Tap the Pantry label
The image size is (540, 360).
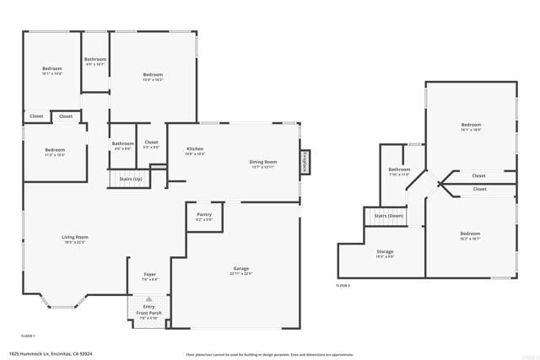204,215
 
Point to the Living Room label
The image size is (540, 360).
75,237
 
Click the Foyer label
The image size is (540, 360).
149,275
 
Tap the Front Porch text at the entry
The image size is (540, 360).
148,314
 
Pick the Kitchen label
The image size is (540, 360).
195,149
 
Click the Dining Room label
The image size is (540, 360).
262,162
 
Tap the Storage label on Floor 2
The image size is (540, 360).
385,252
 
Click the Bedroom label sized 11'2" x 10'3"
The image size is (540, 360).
54,150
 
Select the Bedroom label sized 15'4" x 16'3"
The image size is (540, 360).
153,75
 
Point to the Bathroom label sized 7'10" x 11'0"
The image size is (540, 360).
399,169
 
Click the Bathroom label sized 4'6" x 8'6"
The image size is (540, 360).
122,143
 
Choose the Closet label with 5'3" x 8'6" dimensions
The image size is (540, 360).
151,142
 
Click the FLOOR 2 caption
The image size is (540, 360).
343,286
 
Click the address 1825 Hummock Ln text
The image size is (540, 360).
51,353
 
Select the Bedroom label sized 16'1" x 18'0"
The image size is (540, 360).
471,125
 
